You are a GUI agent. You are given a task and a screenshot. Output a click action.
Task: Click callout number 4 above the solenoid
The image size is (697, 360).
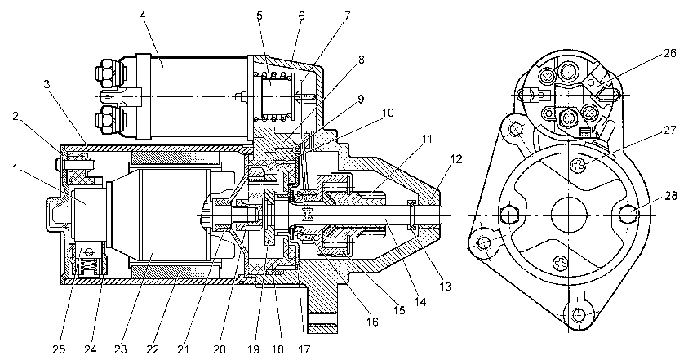[x=142, y=16]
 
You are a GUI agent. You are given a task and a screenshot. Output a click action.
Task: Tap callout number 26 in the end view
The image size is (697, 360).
[x=670, y=53]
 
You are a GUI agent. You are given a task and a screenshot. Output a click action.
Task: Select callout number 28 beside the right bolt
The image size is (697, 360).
[x=671, y=196]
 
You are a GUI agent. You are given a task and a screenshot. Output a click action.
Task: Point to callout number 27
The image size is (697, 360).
[x=669, y=131]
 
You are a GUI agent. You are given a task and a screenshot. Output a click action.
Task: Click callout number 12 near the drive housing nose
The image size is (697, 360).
[x=455, y=159]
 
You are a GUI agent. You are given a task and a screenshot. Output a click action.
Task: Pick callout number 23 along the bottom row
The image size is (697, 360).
[x=121, y=349]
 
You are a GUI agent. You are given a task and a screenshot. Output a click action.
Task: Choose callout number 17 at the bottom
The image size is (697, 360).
[x=304, y=349]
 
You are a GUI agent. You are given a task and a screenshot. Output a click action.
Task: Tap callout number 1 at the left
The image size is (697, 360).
[x=16, y=168]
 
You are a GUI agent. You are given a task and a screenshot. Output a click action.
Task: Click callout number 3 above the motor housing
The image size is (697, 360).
[x=47, y=84]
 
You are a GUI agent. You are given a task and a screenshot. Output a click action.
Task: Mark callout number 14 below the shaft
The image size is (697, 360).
[x=420, y=302]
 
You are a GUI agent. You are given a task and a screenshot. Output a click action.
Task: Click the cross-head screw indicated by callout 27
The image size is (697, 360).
[x=576, y=167]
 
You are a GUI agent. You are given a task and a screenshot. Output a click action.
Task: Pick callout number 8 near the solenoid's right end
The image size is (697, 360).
[x=362, y=60]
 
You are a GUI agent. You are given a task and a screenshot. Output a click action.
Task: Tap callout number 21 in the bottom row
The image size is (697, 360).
[x=184, y=349]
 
